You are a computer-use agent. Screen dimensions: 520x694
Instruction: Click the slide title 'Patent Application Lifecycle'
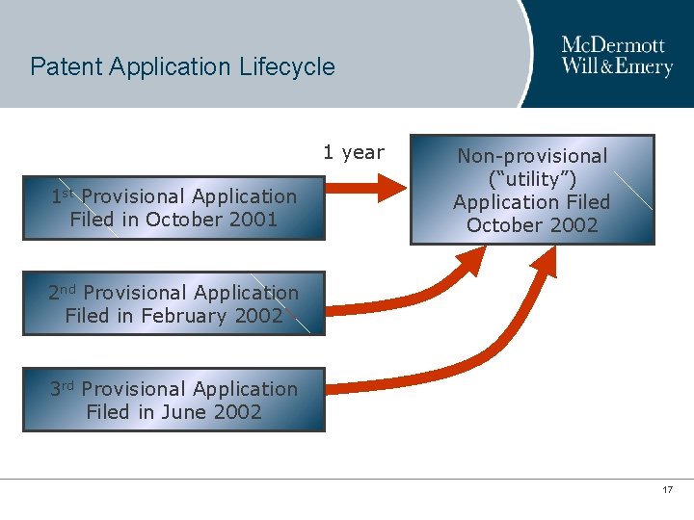pos(182,67)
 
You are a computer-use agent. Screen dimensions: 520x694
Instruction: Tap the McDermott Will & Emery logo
pos(616,57)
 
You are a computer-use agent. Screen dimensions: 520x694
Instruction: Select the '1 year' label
pos(353,152)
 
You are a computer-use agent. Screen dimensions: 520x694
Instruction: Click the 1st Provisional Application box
pos(173,208)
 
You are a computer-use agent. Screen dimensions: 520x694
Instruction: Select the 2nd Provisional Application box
pos(173,304)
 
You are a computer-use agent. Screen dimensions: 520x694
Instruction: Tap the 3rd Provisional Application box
pos(173,401)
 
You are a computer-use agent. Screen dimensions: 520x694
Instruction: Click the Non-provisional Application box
pos(532,191)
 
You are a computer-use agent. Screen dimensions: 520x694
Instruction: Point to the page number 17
pos(667,491)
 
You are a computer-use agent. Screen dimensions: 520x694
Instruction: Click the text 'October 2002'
pos(532,225)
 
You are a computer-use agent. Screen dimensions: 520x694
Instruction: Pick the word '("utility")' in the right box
pos(532,179)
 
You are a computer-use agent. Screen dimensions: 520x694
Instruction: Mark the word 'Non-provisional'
pos(532,156)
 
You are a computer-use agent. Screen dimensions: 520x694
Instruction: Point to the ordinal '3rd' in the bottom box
pos(63,389)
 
